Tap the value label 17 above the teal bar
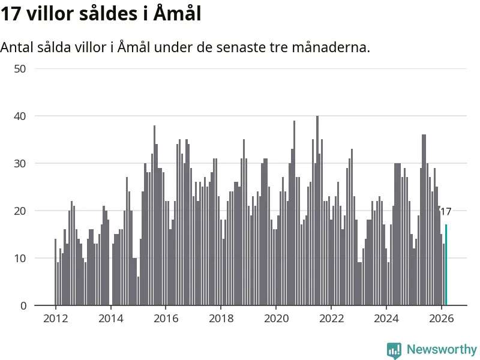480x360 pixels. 445,211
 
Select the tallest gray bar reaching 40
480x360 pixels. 317,210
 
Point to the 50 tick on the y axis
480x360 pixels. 20,68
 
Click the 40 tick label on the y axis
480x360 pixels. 20,116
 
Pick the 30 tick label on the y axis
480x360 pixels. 20,163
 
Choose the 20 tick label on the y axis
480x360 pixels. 20,211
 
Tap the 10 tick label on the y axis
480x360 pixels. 20,258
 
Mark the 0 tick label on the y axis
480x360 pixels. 23,305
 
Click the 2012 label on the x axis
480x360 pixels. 55,319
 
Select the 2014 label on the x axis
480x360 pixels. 110,319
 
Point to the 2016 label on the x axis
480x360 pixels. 166,319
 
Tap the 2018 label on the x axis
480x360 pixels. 221,319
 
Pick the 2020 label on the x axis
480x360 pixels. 276,319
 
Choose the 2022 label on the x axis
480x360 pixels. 331,319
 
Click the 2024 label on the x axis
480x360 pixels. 386,319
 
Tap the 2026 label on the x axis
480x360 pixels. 442,319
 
